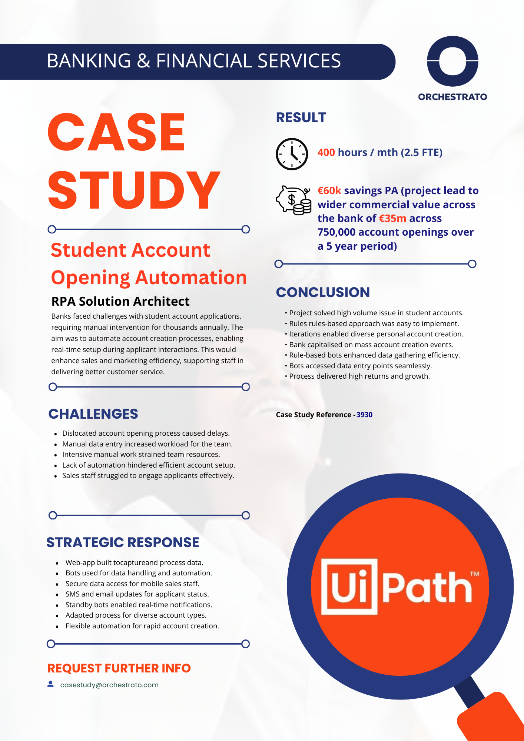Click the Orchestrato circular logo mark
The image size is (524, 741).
(x=452, y=61)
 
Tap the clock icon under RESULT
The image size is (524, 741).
(x=292, y=154)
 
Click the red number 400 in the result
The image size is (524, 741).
(x=326, y=153)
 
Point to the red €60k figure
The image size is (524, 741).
(x=329, y=191)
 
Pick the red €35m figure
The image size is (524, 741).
(x=392, y=219)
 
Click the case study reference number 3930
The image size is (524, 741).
(x=364, y=415)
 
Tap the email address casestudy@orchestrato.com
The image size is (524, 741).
(x=109, y=685)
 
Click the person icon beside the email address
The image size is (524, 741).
(x=51, y=684)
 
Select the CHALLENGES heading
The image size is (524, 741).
(x=93, y=414)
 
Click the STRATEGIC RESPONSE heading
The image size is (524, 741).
(x=123, y=542)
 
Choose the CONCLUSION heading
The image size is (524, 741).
(x=323, y=292)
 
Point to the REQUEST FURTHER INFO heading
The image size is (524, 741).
(x=119, y=668)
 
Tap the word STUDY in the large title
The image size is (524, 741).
(x=134, y=190)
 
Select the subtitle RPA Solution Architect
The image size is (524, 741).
(x=120, y=302)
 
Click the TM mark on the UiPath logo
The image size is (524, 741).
(x=475, y=574)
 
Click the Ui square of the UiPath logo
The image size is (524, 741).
(x=349, y=587)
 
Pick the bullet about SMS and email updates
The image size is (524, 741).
(x=137, y=594)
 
